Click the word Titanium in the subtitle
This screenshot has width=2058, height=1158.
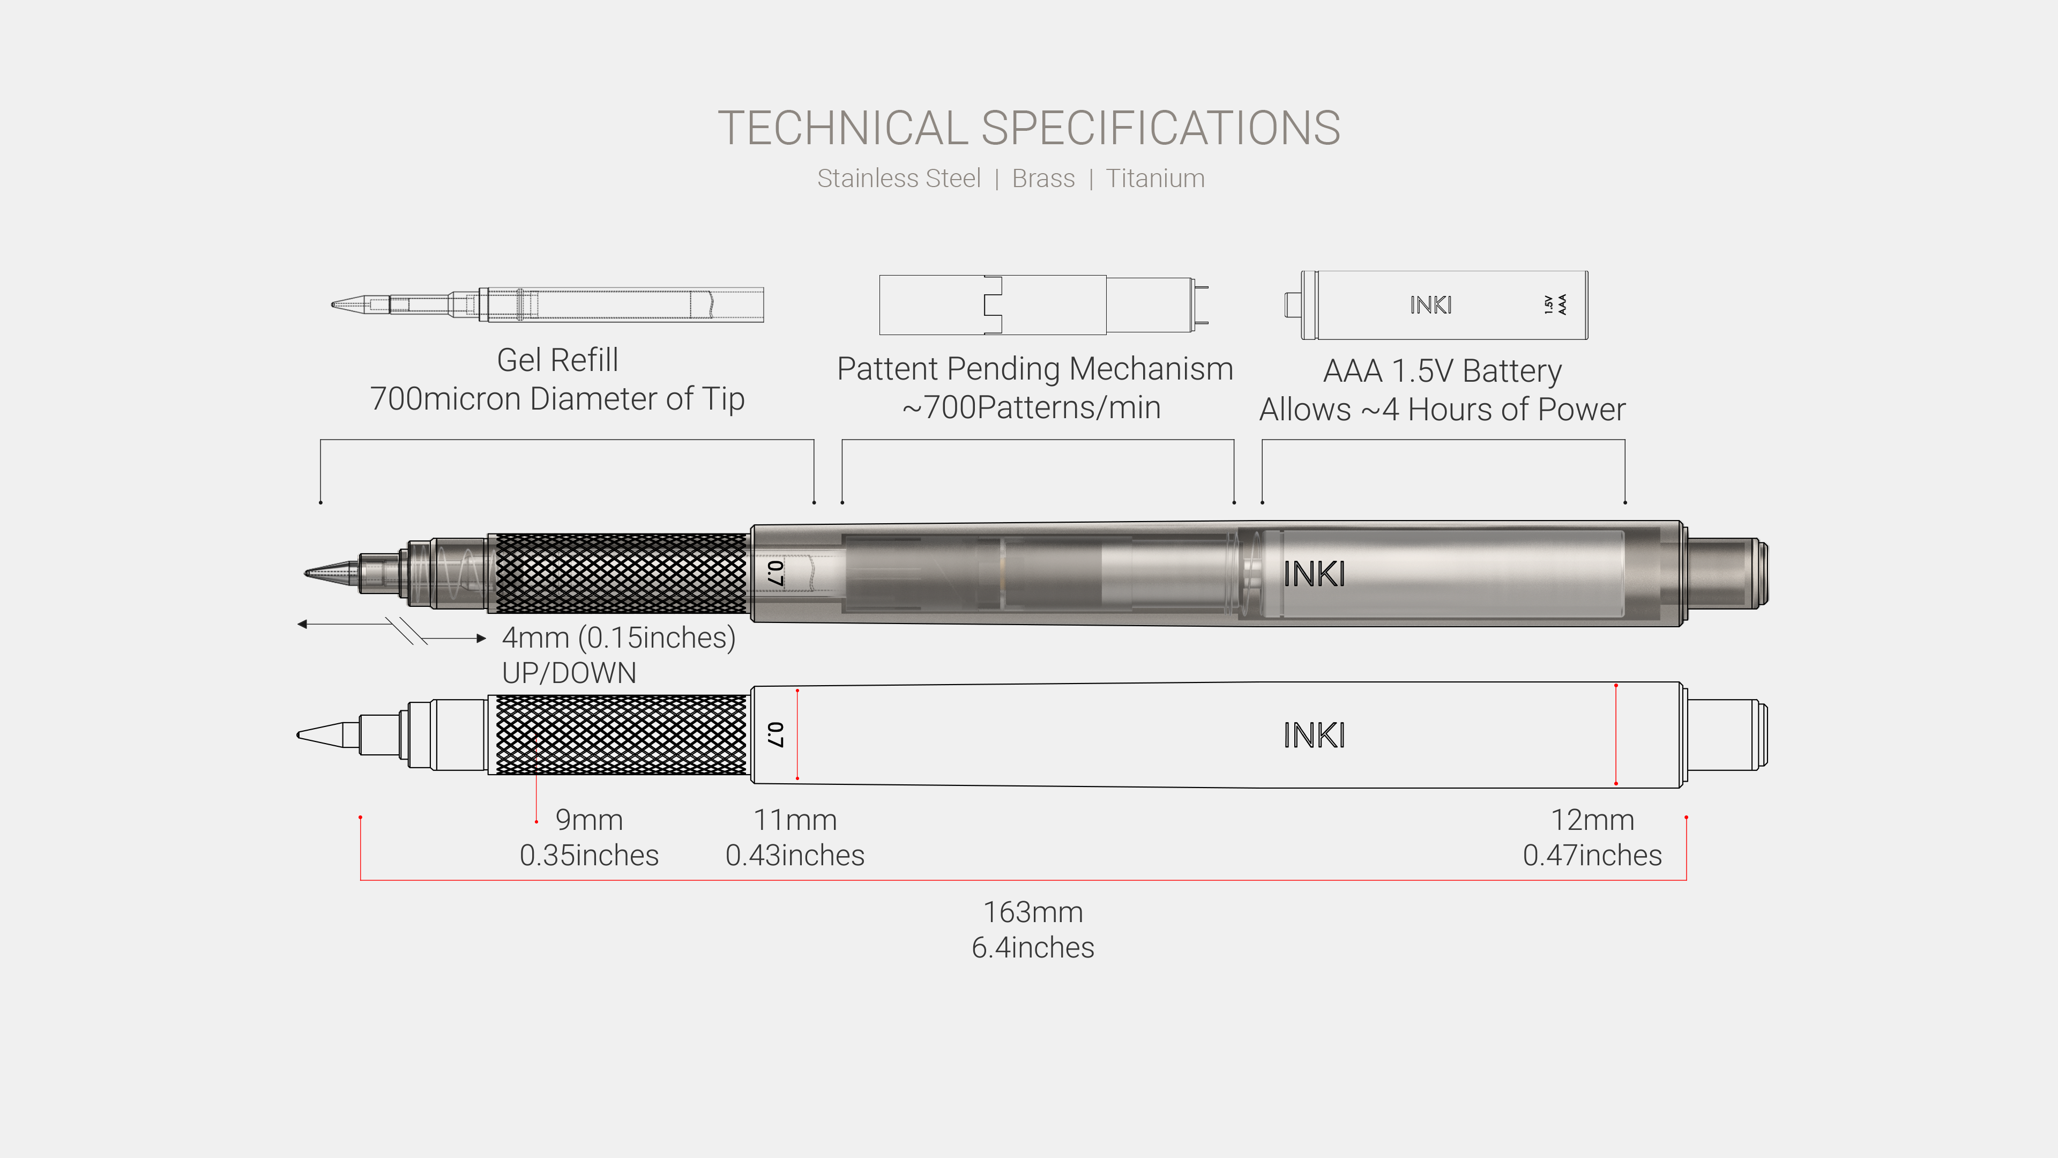(1154, 178)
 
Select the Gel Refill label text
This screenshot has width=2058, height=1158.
(557, 360)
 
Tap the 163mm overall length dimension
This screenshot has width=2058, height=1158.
(1032, 912)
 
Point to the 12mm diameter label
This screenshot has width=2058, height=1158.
(1591, 820)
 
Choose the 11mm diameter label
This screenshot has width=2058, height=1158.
(795, 820)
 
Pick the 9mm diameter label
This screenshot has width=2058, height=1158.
(589, 820)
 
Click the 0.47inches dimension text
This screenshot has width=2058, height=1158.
(1591, 855)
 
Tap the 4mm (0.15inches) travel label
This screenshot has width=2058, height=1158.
(618, 638)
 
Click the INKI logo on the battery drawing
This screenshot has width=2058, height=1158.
(1430, 305)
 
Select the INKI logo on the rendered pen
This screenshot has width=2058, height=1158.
(1314, 574)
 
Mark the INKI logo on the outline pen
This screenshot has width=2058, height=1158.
(1314, 735)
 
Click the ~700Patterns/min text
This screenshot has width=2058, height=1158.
(1031, 407)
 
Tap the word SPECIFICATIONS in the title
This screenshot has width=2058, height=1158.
(1160, 128)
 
